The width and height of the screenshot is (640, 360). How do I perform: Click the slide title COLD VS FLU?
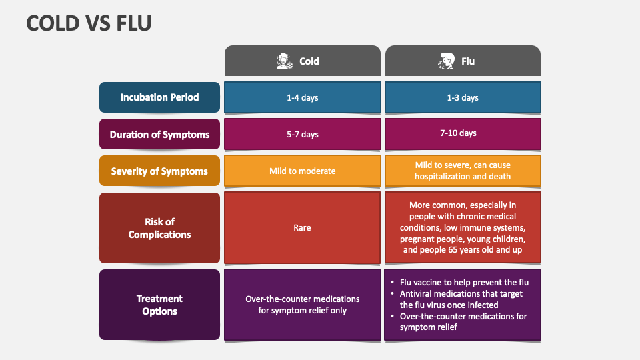89,23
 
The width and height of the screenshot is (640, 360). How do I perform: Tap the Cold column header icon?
285,61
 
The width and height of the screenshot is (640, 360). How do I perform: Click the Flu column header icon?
446,61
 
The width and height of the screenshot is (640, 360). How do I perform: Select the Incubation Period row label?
159,97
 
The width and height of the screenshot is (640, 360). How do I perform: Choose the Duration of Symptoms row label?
159,134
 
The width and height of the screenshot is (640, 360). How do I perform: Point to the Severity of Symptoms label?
159,171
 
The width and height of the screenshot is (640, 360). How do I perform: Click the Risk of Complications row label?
159,228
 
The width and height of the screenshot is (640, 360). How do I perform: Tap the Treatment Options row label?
159,305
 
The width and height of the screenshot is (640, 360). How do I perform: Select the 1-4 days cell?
302,97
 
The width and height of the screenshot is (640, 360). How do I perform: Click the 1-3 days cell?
463,97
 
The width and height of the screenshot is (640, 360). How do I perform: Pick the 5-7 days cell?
302,134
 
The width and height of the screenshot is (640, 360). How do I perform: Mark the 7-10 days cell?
463,133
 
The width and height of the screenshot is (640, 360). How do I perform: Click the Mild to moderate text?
302,171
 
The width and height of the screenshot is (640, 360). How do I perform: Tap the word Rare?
302,228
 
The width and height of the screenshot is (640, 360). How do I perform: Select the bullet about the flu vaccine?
464,283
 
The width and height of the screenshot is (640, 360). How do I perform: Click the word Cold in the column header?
309,61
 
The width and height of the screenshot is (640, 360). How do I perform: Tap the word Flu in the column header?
468,61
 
